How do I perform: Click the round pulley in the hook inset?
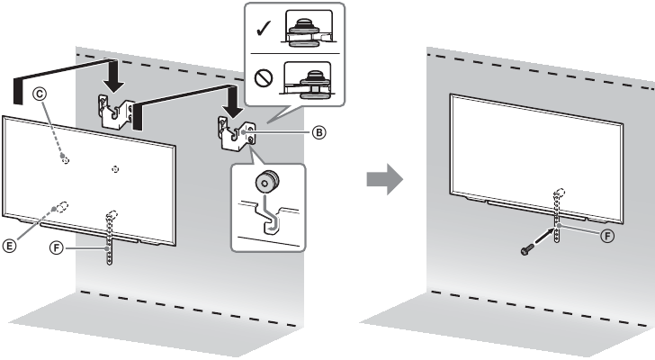pos(265,183)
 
